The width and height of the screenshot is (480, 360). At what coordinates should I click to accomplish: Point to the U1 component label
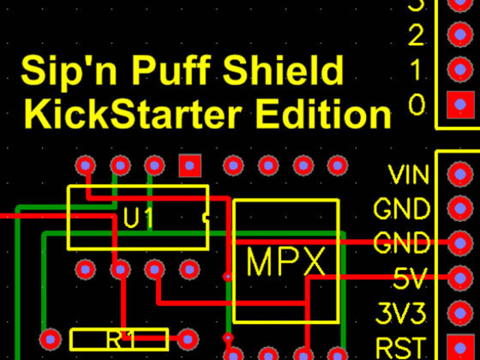[x=139, y=219]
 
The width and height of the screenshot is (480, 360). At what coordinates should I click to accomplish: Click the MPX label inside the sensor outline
[x=286, y=262]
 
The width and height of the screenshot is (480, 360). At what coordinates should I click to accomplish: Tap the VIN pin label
[x=409, y=176]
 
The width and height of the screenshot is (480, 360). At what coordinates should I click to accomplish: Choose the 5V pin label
[x=409, y=280]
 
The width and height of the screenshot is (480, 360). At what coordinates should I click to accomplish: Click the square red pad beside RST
[x=457, y=346]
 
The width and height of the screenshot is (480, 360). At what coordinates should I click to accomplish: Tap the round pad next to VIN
[x=457, y=175]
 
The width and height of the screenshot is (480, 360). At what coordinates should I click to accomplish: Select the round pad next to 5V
[x=457, y=278]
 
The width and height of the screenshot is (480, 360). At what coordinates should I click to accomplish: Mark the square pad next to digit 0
[x=457, y=104]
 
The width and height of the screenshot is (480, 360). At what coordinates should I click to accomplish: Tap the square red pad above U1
[x=190, y=164]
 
